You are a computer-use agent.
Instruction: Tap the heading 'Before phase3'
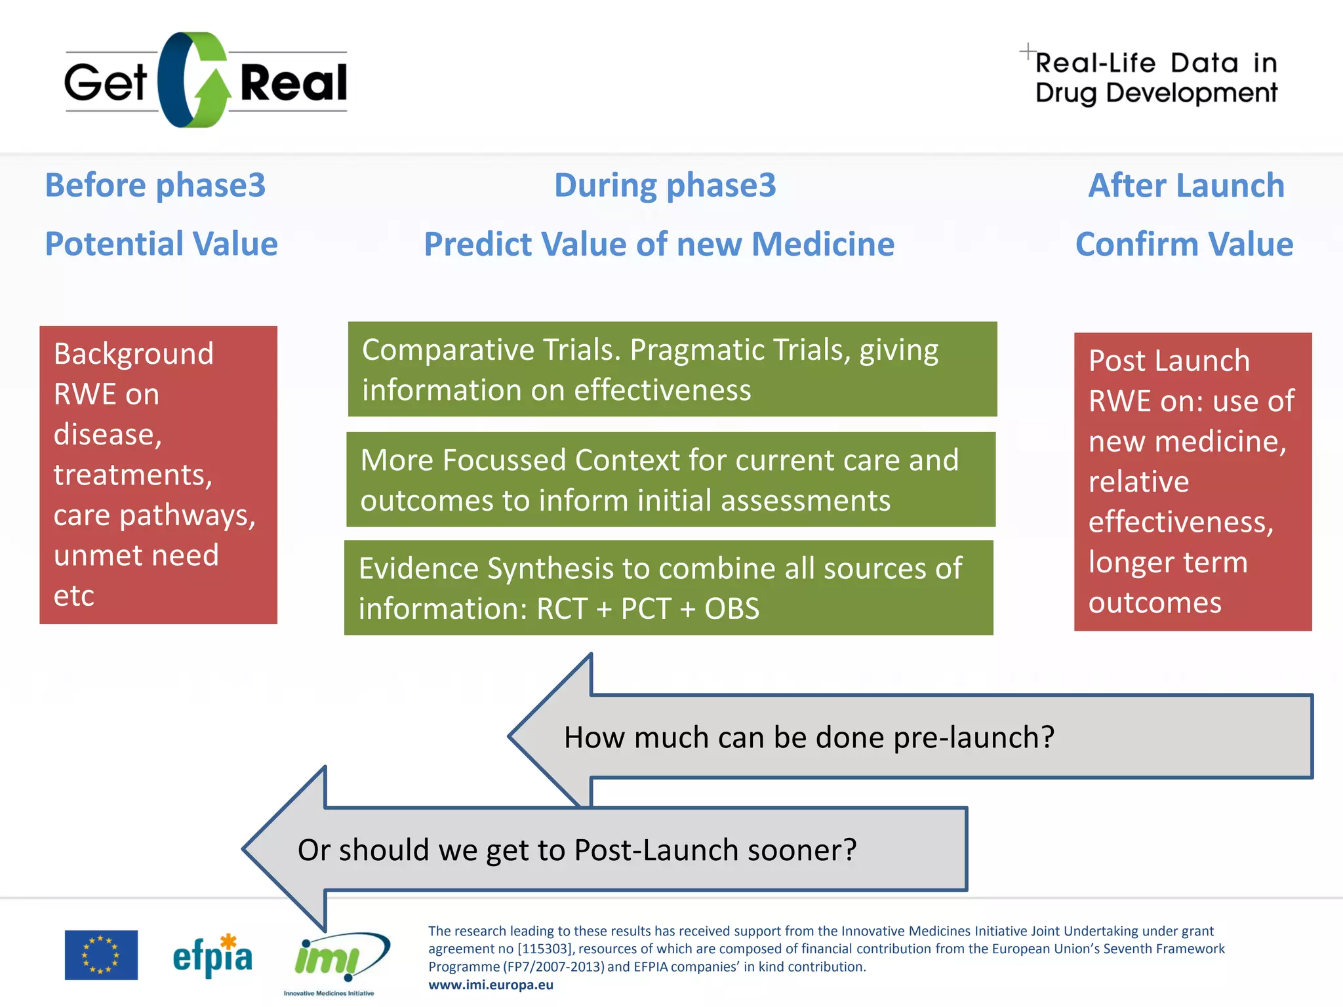155,185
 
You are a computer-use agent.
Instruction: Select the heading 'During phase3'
665,185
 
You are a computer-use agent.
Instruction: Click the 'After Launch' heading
1186,185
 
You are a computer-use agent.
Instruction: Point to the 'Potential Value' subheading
161,244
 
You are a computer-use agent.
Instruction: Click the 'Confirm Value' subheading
1184,244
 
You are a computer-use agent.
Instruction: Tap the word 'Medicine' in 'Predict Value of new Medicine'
823,244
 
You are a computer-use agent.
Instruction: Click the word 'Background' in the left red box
134,354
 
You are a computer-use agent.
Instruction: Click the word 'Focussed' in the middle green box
504,460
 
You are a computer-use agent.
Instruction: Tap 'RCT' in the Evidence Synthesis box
561,608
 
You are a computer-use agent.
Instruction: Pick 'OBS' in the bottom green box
732,608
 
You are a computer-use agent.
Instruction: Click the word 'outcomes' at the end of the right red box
1155,602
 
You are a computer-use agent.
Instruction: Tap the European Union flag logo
101,955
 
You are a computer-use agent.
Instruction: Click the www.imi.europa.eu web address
491,985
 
